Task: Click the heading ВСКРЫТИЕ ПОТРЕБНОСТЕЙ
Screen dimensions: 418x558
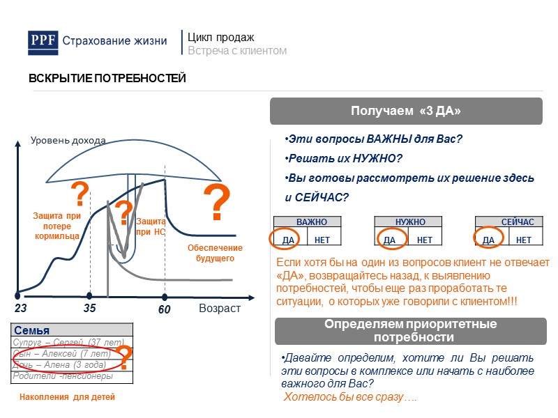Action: (107, 78)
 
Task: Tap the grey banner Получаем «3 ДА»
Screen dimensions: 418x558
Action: (406, 111)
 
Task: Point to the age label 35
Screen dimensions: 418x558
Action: (89, 308)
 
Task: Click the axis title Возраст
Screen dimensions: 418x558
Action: (220, 308)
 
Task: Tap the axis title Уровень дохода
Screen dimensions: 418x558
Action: (68, 141)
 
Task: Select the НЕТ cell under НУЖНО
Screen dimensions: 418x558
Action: (424, 240)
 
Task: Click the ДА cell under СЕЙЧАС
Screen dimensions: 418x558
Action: (488, 240)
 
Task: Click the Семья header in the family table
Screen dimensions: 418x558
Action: (32, 330)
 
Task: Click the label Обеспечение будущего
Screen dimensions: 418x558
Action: (215, 253)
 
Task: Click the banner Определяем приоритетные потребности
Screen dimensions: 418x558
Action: (410, 331)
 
